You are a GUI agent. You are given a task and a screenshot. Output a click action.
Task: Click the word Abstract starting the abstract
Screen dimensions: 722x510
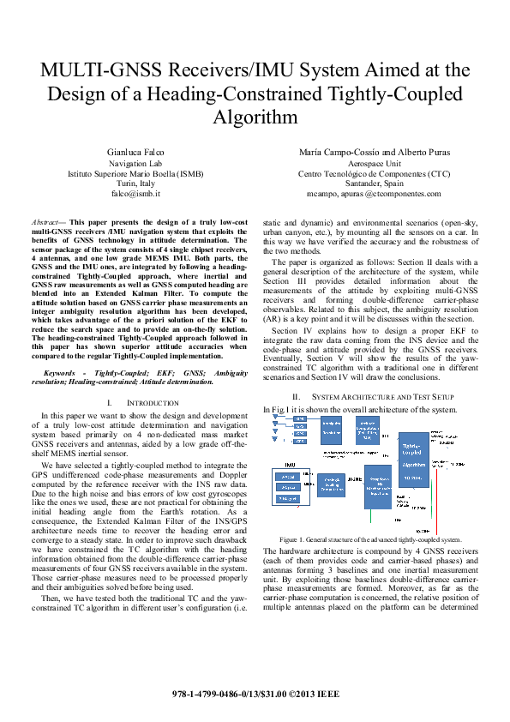[x=46, y=220]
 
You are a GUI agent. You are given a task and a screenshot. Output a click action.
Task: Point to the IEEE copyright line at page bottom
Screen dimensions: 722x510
[x=255, y=691]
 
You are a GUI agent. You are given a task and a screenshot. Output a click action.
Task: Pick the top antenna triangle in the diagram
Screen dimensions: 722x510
[x=274, y=418]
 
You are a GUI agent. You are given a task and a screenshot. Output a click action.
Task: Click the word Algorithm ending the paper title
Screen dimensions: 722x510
[x=255, y=117]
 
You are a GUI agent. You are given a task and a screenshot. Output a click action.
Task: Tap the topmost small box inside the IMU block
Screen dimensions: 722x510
[x=289, y=476]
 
